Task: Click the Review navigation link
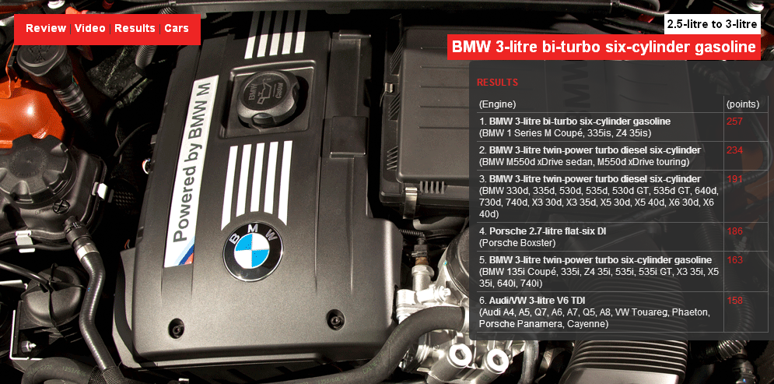(x=46, y=28)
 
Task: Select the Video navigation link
(x=90, y=28)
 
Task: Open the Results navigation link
(x=135, y=28)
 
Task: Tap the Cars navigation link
(x=177, y=28)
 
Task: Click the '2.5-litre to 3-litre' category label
(x=712, y=24)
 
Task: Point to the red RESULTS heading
(x=498, y=83)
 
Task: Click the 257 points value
(x=734, y=121)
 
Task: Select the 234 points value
(x=734, y=150)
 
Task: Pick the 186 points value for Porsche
(x=734, y=231)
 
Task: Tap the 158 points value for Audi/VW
(x=734, y=301)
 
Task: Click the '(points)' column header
(x=742, y=104)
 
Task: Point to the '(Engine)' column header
(x=498, y=104)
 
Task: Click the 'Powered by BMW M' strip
(x=191, y=170)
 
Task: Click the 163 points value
(x=734, y=260)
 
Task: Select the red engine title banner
(x=604, y=48)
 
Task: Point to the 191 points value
(x=734, y=179)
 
